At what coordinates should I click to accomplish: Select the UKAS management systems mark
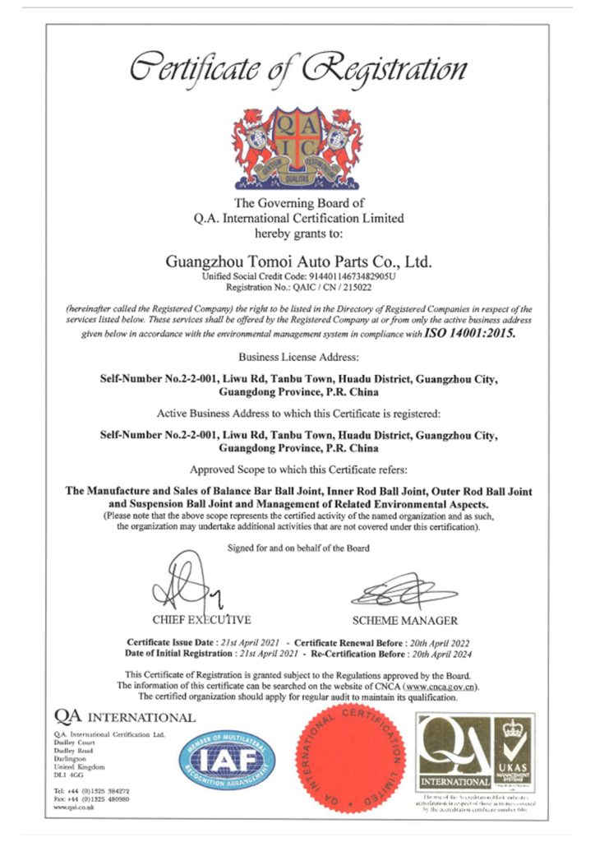pyautogui.click(x=513, y=755)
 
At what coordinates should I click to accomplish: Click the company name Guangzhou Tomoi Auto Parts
pyautogui.click(x=298, y=262)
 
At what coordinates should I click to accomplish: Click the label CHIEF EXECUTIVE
pyautogui.click(x=201, y=619)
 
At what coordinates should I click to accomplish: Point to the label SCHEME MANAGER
pyautogui.click(x=404, y=620)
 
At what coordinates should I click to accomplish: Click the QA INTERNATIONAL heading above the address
pyautogui.click(x=125, y=716)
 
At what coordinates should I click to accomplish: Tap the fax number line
pyautogui.click(x=92, y=798)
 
